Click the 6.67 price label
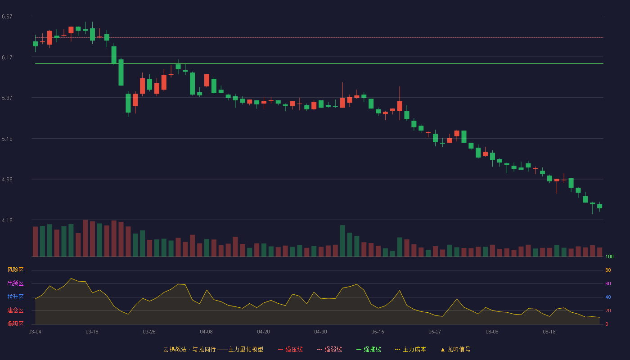pos(7,17)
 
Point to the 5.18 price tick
pos(7,139)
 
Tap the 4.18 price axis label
pos(7,220)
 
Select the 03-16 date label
pos(92,332)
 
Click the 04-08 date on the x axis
pos(206,332)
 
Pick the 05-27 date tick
pos(435,332)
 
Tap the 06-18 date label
pos(549,332)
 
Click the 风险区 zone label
pos(15,270)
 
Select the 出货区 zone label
pos(15,283)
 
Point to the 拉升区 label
pos(15,297)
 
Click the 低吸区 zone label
pos(15,324)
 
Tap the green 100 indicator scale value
pos(609,256)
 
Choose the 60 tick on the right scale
pos(608,283)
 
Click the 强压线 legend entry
pos(290,349)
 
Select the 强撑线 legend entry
pos(369,349)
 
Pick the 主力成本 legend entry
pos(410,349)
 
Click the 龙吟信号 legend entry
pos(455,349)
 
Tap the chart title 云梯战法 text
pos(175,349)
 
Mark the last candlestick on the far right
pos(599,206)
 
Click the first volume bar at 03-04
pos(35,242)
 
